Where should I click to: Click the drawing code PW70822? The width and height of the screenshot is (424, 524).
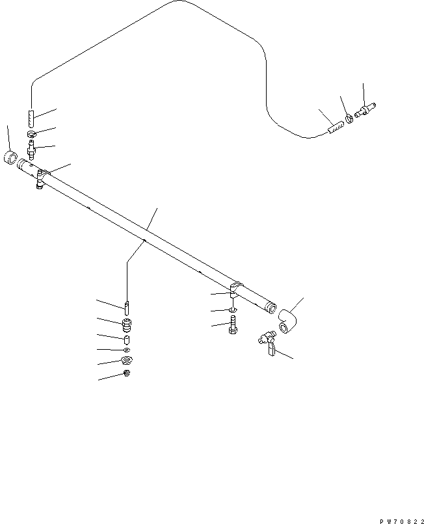coord(402,521)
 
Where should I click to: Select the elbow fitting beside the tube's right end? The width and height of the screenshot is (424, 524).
coord(287,321)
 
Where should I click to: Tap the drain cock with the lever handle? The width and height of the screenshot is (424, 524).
coord(268,343)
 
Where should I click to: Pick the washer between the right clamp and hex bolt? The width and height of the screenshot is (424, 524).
coord(233,311)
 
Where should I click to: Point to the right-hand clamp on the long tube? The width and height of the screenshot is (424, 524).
coord(236,289)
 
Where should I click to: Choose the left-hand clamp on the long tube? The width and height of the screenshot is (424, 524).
coord(42,179)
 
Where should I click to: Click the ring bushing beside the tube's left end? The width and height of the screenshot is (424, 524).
coord(10,157)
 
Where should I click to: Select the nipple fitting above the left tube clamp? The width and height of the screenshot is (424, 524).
coord(32,150)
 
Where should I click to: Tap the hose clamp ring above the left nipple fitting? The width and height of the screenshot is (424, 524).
coord(31,134)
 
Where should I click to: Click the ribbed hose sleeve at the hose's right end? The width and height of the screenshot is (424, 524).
coord(336,127)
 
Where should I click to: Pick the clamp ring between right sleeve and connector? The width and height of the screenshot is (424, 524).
coord(349,118)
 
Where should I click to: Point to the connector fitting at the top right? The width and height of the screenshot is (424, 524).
coord(365,111)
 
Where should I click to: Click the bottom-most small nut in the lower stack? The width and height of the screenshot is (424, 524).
coord(127,373)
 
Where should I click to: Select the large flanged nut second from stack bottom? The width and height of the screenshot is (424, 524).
coord(127,361)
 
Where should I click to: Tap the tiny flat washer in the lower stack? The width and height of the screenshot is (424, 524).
coord(127,350)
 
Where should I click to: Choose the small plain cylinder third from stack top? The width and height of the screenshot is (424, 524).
coord(127,340)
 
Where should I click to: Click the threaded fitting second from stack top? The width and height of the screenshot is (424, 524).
coord(127,325)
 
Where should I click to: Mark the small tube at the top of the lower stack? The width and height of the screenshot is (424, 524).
coord(127,308)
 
